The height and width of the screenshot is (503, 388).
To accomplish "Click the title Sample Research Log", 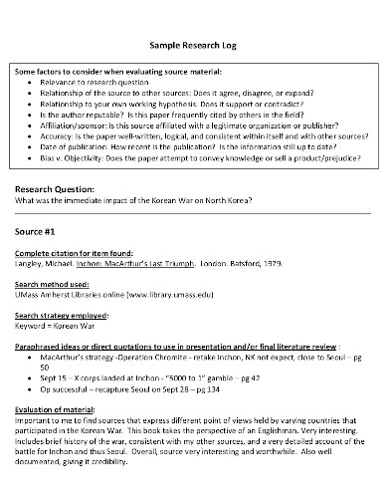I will click(194, 46).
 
